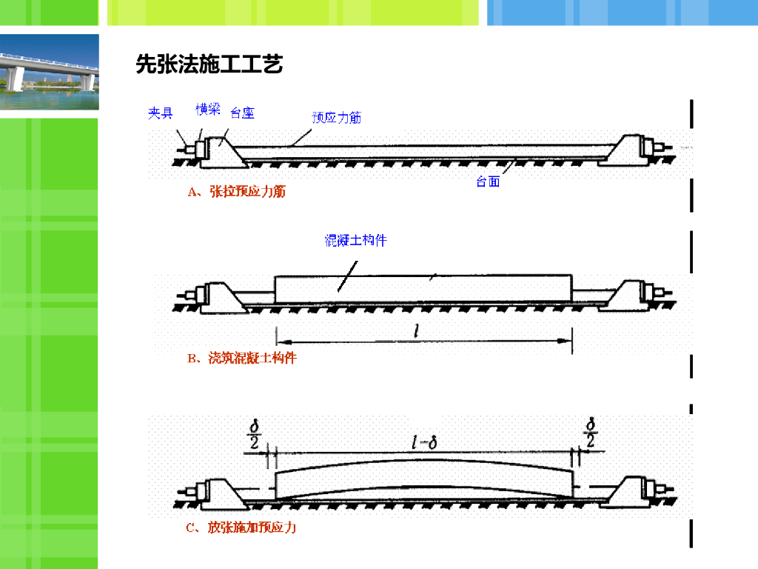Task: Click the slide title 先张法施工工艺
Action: click(209, 65)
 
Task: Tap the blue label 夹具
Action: click(160, 113)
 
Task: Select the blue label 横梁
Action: click(208, 110)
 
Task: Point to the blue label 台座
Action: click(243, 113)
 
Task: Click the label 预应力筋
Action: click(336, 117)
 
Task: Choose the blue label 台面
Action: click(488, 182)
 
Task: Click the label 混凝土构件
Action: click(356, 240)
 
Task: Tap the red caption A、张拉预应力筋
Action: click(236, 192)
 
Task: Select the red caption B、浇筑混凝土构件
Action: click(241, 359)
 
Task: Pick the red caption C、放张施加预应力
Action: click(241, 528)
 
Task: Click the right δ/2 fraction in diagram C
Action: click(591, 435)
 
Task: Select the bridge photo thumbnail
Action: click(49, 71)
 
